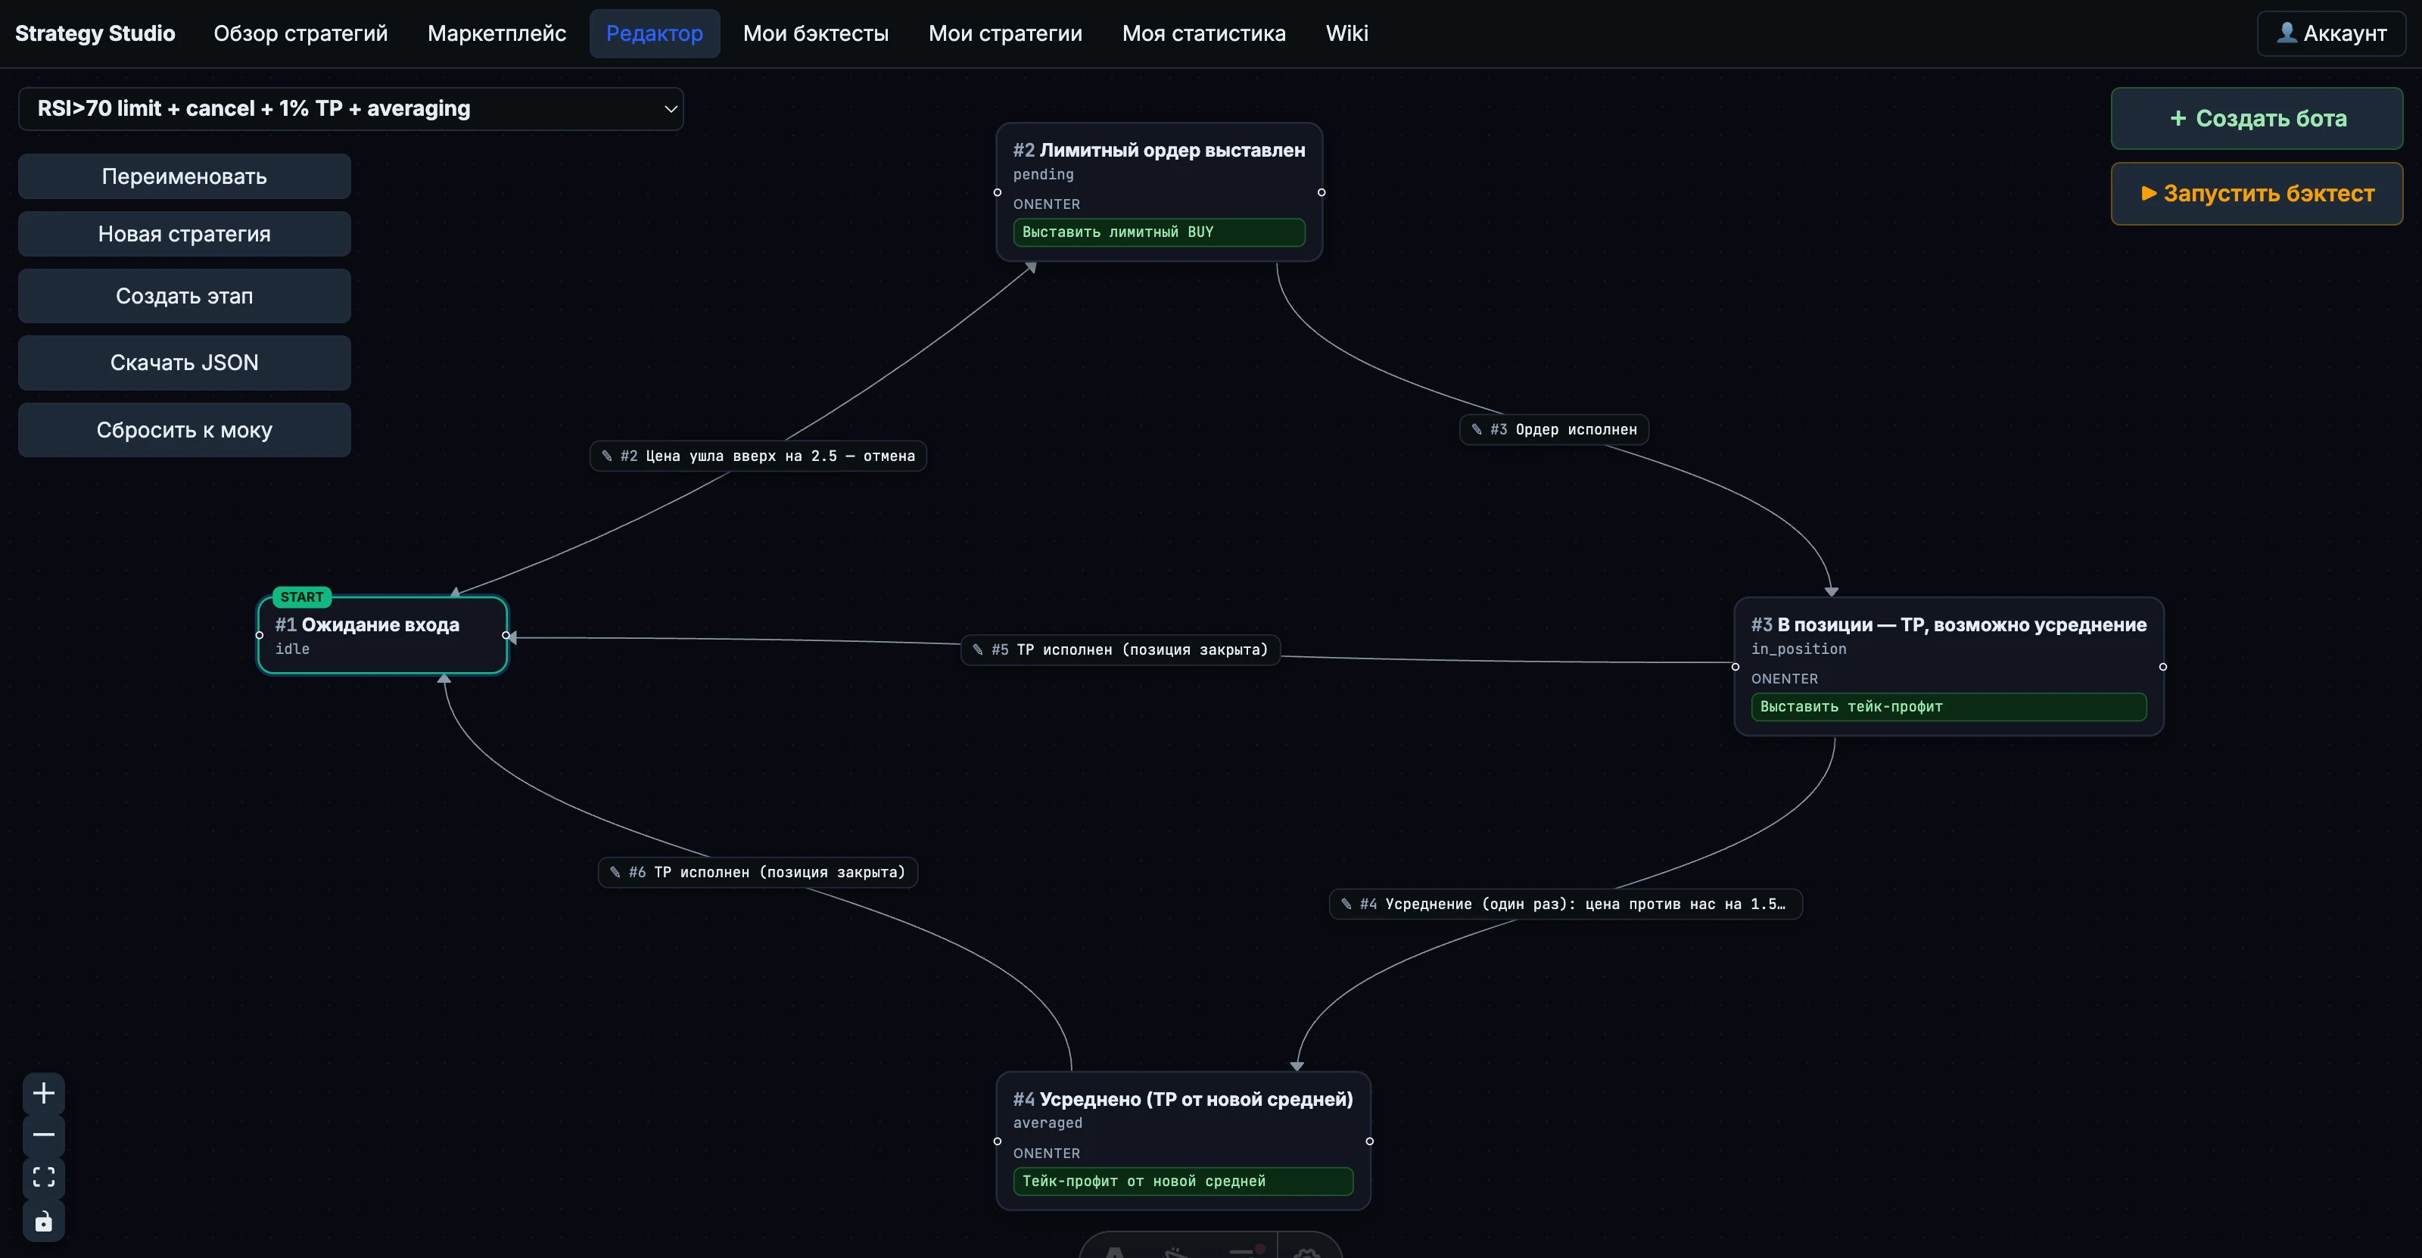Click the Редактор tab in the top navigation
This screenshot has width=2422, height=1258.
pos(655,34)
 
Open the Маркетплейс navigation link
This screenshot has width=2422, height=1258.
pos(497,34)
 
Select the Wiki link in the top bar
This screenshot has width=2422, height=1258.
pos(1346,34)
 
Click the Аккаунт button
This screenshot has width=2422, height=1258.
pos(2331,34)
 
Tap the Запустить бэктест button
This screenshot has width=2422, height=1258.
pos(2256,194)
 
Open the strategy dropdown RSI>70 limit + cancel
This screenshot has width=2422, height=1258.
pos(350,109)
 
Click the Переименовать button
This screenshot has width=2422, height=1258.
pos(184,177)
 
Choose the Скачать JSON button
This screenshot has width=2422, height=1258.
pos(184,363)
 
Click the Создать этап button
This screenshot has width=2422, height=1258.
pos(184,296)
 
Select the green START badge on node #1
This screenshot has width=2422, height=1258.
pos(302,597)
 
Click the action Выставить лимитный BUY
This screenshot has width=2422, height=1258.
pos(1158,232)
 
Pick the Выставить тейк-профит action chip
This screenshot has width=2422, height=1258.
pos(1948,707)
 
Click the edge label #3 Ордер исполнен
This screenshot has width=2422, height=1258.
pos(1553,430)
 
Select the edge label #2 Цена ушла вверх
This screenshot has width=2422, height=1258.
pos(758,456)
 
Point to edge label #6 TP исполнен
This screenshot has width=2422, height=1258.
pos(758,873)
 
